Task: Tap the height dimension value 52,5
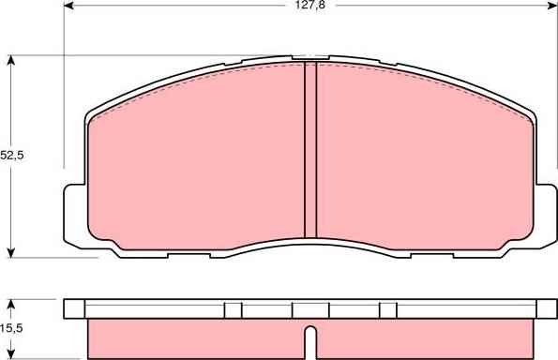tap(11, 156)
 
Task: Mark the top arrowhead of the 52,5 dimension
tap(11, 61)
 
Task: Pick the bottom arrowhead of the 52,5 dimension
tap(11, 250)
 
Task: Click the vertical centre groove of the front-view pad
tap(310, 150)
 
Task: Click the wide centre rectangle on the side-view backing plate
tap(310, 309)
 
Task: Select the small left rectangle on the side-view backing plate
tap(234, 309)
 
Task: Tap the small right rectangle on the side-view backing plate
tap(386, 309)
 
